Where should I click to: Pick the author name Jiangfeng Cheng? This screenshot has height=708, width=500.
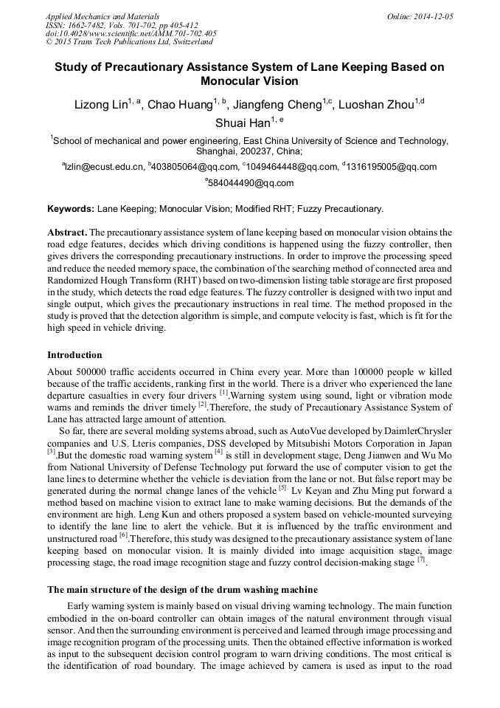[279, 105]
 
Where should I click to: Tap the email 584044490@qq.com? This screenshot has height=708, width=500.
[251, 183]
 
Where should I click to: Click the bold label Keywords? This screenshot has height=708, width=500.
[70, 209]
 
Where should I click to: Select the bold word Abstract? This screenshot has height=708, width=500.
[67, 232]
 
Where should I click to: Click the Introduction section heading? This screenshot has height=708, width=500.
[74, 355]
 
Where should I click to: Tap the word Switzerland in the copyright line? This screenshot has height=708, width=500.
[187, 43]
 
